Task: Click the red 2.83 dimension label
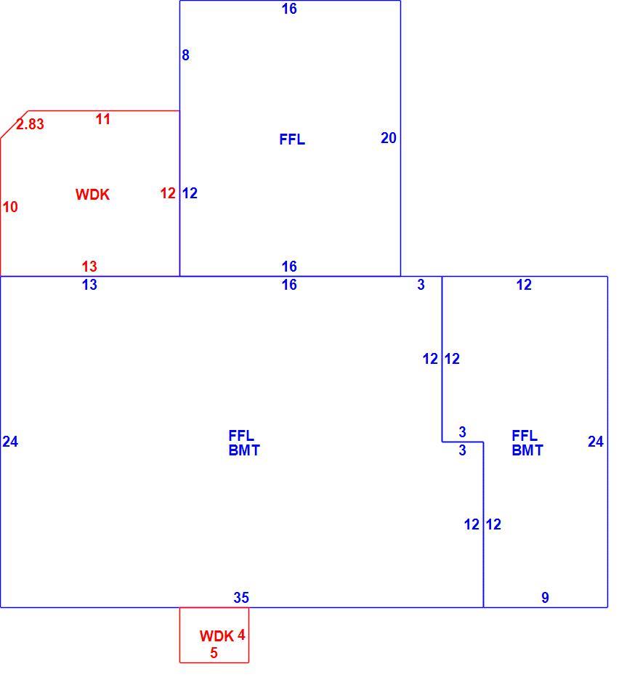(x=30, y=124)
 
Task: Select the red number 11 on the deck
(x=103, y=119)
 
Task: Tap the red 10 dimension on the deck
(x=10, y=207)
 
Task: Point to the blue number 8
(x=186, y=55)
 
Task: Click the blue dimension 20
(x=389, y=138)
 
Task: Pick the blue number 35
(x=241, y=598)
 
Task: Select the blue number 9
(x=545, y=598)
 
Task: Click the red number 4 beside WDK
(x=241, y=635)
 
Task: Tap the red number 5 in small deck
(x=214, y=653)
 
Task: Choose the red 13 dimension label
(x=89, y=267)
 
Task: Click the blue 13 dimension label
(x=89, y=285)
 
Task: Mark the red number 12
(x=168, y=193)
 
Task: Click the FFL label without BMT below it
(x=292, y=139)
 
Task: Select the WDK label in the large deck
(x=92, y=195)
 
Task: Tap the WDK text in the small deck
(x=216, y=636)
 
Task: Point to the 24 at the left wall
(x=10, y=442)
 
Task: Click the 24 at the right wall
(x=596, y=442)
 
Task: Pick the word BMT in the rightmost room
(x=527, y=450)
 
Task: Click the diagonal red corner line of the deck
(x=14, y=124)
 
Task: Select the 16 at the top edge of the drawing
(x=289, y=9)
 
